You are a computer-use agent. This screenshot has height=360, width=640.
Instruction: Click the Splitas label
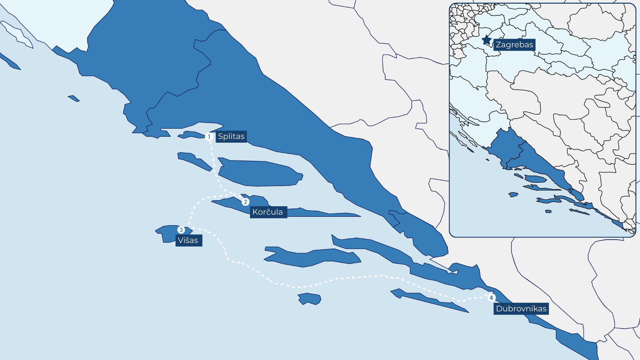tap(231, 136)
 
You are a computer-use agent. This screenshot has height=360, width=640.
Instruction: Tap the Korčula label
tap(268, 212)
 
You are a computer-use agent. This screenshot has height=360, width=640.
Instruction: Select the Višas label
tap(188, 240)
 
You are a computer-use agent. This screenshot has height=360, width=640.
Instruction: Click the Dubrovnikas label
tap(521, 309)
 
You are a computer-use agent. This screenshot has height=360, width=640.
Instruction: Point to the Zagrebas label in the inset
tap(514, 45)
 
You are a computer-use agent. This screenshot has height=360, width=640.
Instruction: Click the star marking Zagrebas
tap(487, 40)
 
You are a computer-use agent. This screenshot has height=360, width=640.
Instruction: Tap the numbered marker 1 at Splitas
tap(209, 137)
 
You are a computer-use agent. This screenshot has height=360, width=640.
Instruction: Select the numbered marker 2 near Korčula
tap(246, 202)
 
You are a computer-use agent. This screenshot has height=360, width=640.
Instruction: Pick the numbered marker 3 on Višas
tap(181, 230)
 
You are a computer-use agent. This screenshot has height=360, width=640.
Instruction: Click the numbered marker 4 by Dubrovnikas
tap(491, 298)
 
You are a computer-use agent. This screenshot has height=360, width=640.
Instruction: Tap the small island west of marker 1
tap(192, 135)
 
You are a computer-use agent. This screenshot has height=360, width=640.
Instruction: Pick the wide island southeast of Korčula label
tap(313, 257)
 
